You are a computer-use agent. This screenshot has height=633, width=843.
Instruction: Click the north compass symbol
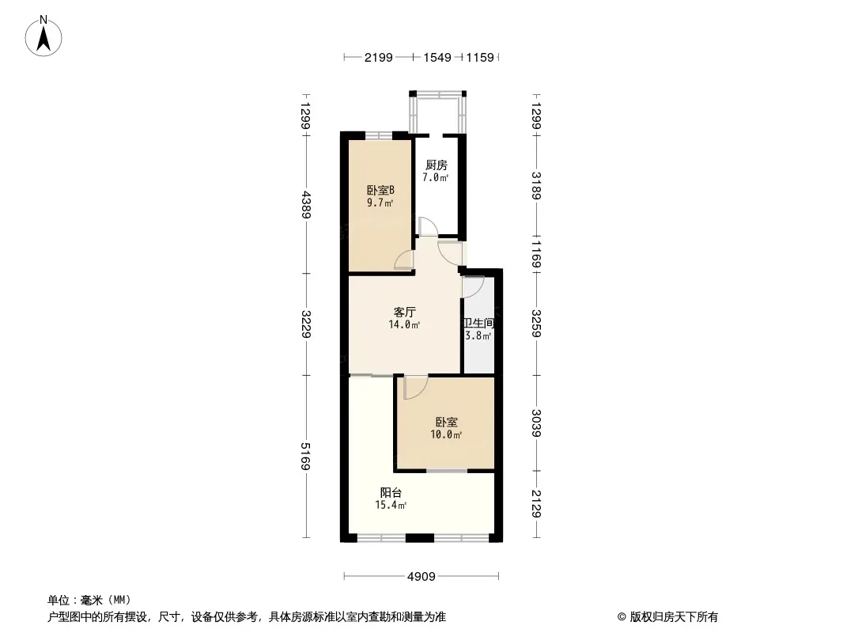point(44,36)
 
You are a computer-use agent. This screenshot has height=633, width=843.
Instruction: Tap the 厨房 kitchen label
point(436,165)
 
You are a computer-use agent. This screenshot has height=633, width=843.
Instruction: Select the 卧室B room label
point(380,190)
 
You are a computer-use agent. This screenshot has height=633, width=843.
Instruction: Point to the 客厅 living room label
point(405,312)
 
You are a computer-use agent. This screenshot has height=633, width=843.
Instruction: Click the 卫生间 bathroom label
point(478,323)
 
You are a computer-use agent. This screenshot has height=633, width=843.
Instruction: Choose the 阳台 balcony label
point(391,492)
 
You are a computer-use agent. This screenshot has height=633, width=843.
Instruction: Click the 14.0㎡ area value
point(405,324)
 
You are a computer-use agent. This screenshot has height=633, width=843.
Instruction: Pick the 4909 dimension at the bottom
point(421,576)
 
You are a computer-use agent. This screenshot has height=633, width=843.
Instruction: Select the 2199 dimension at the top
point(378,57)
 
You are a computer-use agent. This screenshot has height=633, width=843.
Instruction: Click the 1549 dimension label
point(437,57)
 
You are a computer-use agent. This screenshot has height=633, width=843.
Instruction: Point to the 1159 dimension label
point(480,57)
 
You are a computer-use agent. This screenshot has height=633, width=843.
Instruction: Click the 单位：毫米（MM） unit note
point(89,600)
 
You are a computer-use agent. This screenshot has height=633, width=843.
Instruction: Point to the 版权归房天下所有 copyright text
point(667,617)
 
